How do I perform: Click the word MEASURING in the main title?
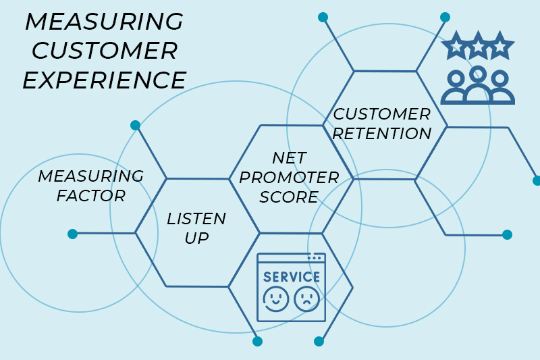click(104, 21)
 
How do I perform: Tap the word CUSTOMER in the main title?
click(105, 51)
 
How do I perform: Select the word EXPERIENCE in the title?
click(105, 80)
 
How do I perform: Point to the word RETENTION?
click(382, 134)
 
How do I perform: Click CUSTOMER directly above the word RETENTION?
click(382, 114)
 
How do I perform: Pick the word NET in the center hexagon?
click(289, 157)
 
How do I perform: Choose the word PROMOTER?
click(289, 177)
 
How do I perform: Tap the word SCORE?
click(289, 197)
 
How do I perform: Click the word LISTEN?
click(196, 218)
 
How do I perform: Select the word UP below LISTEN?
click(196, 238)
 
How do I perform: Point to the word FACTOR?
click(91, 196)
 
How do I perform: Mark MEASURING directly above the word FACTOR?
click(91, 176)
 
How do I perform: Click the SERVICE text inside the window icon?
click(292, 277)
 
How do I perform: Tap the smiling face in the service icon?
click(276, 299)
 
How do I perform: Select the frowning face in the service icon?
click(306, 299)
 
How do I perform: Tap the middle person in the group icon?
click(478, 84)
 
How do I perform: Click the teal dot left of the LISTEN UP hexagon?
click(73, 234)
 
